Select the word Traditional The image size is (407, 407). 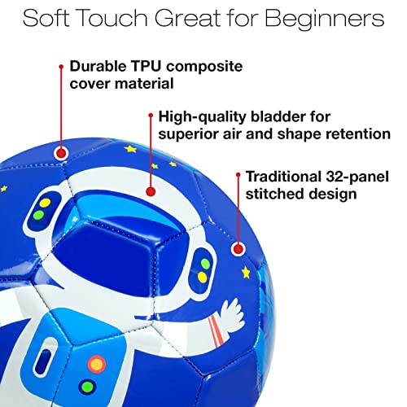(283, 176)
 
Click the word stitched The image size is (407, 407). (275, 194)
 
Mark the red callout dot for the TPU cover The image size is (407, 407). (60, 153)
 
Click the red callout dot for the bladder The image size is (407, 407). (150, 192)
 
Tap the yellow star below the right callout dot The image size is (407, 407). (246, 270)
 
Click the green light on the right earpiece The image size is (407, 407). (203, 265)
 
